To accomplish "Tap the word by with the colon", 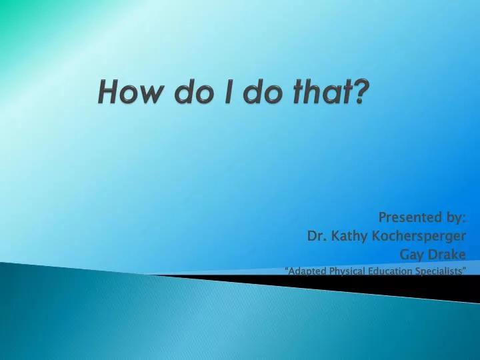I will click(x=455, y=217).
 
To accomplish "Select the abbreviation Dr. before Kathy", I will click(x=316, y=235).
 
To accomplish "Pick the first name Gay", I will click(x=411, y=254).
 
